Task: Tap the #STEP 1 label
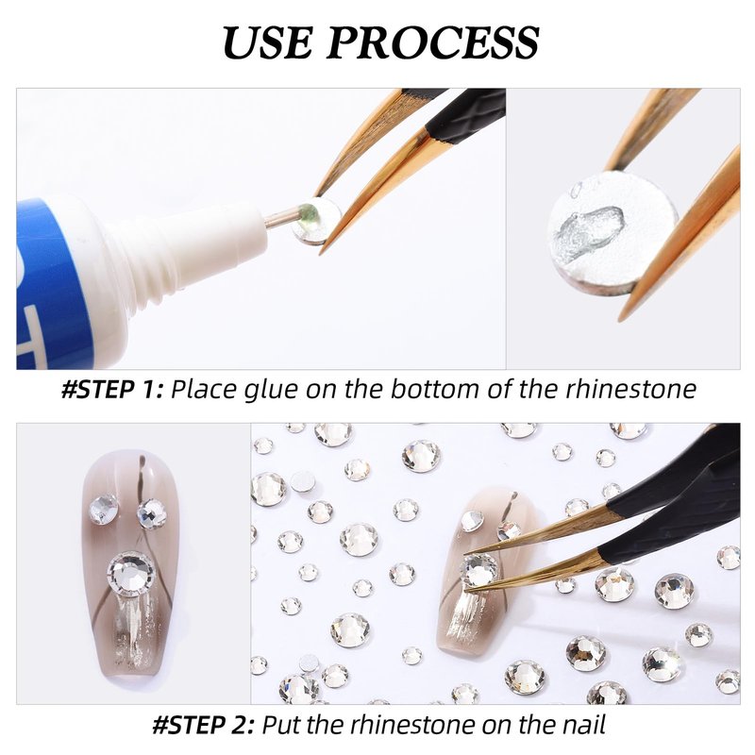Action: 112,389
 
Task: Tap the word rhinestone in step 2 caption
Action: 413,724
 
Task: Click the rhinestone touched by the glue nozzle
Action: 315,222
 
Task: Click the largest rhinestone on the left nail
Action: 132,574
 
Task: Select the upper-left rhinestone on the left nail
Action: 104,509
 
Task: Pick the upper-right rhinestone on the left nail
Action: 152,513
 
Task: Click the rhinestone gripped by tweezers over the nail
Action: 478,570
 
